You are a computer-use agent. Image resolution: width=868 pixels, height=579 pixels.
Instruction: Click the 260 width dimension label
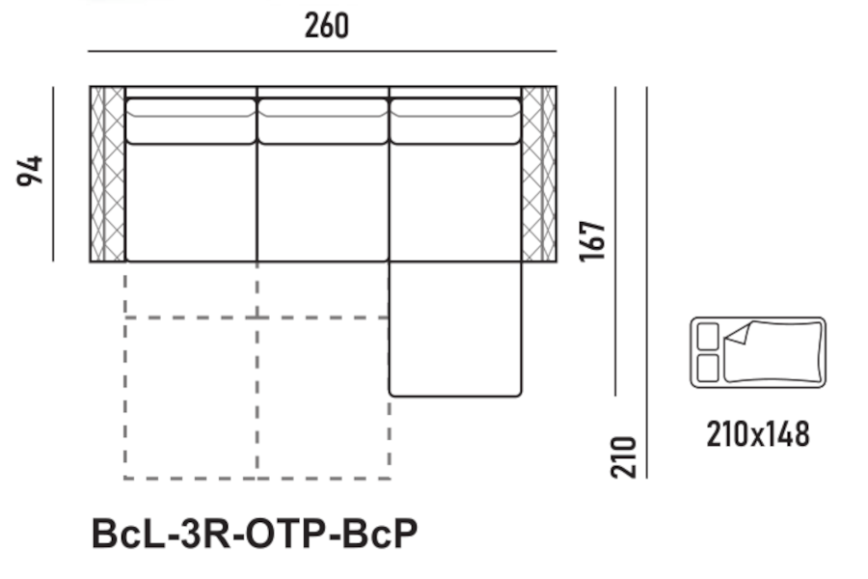(327, 26)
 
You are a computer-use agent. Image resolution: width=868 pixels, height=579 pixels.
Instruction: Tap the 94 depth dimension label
(30, 171)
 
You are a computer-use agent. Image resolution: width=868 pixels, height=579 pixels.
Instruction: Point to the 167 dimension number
(592, 241)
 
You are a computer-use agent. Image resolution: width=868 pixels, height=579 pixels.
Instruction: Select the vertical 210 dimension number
(623, 457)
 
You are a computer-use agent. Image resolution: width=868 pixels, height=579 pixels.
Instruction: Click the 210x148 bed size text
(758, 434)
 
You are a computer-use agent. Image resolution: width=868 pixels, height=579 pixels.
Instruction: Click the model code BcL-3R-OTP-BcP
(255, 534)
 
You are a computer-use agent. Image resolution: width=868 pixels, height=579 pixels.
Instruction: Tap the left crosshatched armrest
(107, 174)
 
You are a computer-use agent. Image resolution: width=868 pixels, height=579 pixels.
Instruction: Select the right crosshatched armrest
(538, 174)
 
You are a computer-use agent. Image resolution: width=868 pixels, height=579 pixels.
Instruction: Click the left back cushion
(191, 122)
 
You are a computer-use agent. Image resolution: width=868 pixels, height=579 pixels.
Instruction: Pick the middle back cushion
(323, 122)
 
